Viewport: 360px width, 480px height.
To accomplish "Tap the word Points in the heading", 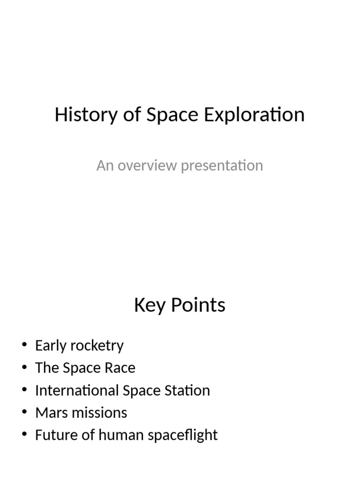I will (x=197, y=305).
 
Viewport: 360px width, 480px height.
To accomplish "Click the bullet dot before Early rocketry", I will (x=24, y=346).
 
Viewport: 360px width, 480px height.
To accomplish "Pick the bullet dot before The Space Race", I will (x=24, y=368).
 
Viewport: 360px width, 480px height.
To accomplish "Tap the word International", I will (x=77, y=390).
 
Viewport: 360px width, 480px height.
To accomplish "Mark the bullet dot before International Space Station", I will (x=24, y=391).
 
